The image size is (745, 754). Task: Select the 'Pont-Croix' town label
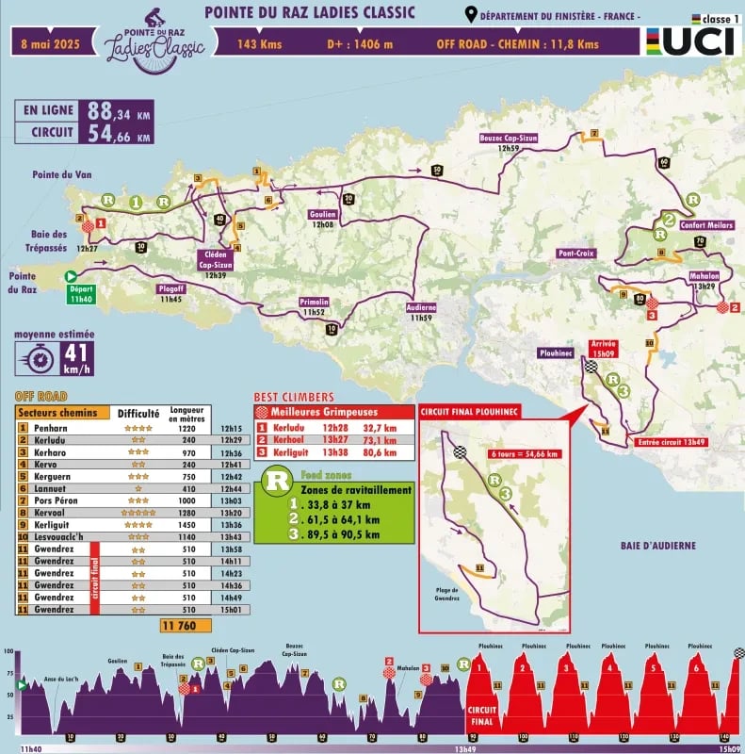(x=576, y=254)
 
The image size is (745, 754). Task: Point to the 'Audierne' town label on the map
(x=420, y=313)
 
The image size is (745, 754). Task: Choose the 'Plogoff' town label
(x=170, y=294)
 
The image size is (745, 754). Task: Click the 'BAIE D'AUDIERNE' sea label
(x=657, y=546)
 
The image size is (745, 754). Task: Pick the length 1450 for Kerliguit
(x=186, y=525)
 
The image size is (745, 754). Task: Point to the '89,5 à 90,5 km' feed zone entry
(x=352, y=534)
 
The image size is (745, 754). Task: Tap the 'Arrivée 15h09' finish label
(x=602, y=349)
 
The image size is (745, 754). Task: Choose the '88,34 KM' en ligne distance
(x=118, y=111)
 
